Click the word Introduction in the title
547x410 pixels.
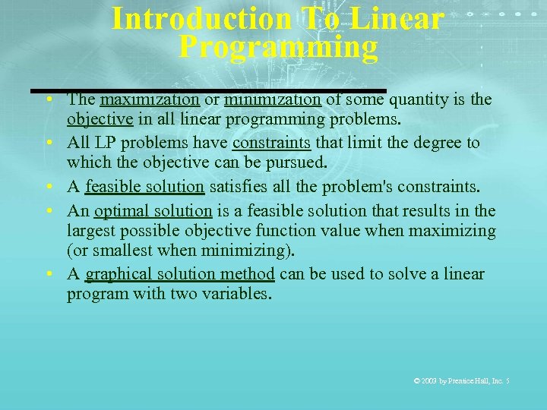(201, 19)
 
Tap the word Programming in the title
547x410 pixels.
(278, 47)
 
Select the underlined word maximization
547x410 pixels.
(150, 99)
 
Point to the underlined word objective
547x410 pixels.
(100, 119)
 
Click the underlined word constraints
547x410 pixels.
(270, 143)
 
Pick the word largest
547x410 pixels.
(93, 231)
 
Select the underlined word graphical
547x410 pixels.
(119, 274)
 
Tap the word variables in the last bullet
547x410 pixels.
(236, 294)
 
